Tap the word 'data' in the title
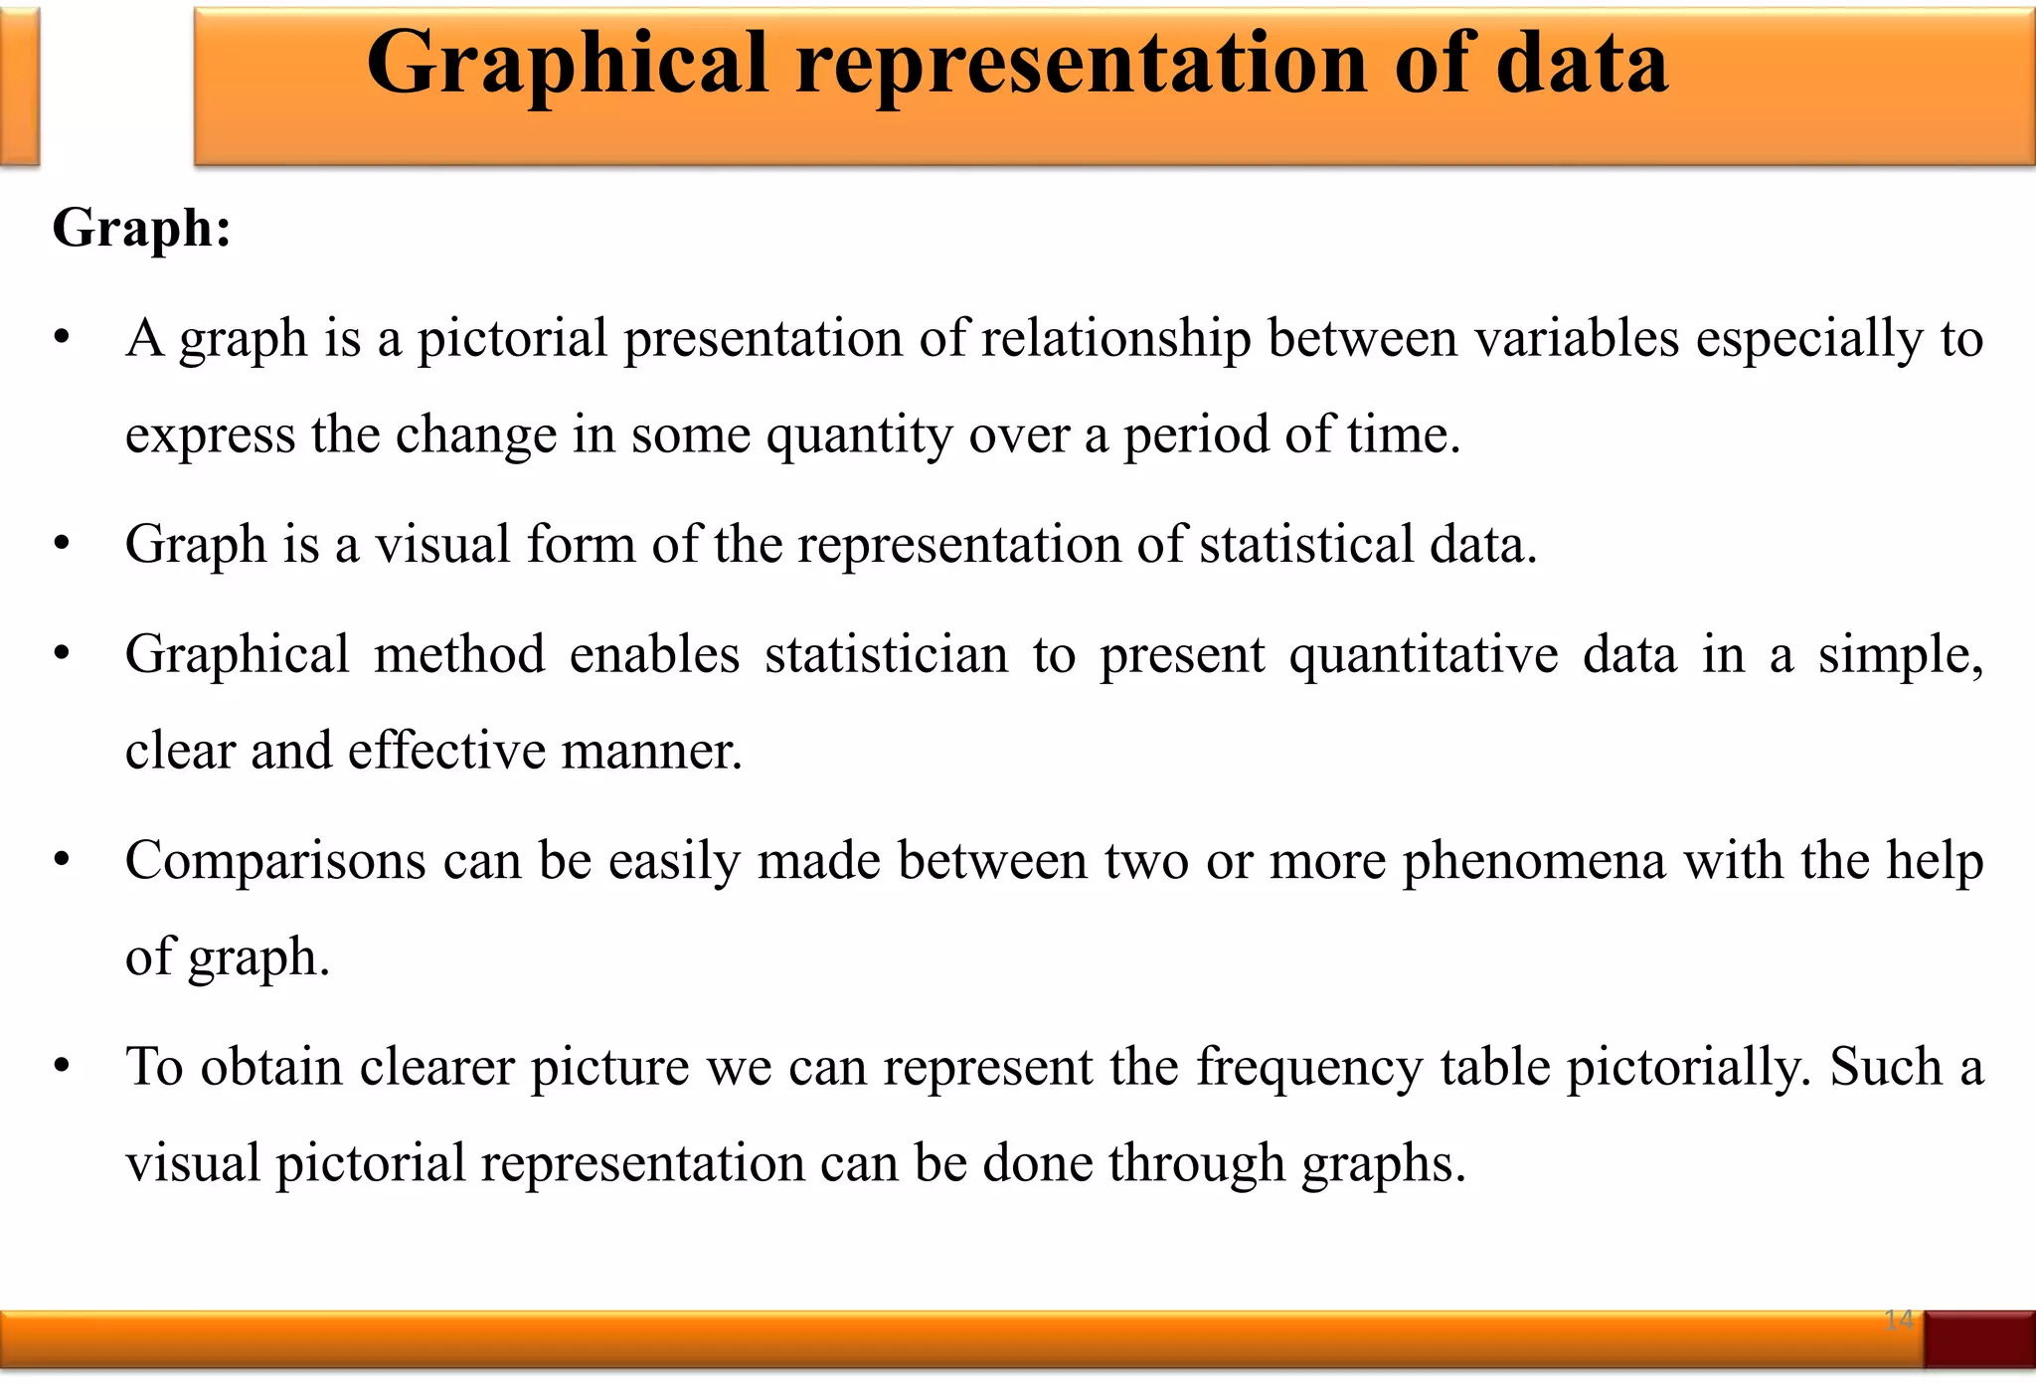1582,62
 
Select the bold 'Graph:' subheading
142,228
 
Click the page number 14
1898,1319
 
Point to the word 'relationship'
1116,339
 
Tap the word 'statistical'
1306,545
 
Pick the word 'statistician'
886,655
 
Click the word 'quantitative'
1424,655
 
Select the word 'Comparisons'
275,861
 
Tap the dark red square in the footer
1979,1339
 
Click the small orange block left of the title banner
19,86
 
